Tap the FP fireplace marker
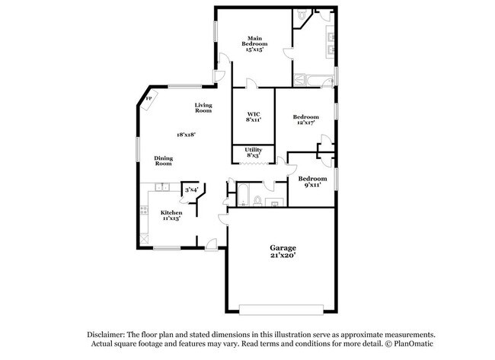pyautogui.click(x=148, y=100)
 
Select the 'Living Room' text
pyautogui.click(x=203, y=108)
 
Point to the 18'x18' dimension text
pyautogui.click(x=187, y=135)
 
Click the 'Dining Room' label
pyautogui.click(x=164, y=161)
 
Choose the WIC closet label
pyautogui.click(x=254, y=113)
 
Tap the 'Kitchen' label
pyautogui.click(x=171, y=212)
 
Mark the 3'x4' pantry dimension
pyautogui.click(x=191, y=190)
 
